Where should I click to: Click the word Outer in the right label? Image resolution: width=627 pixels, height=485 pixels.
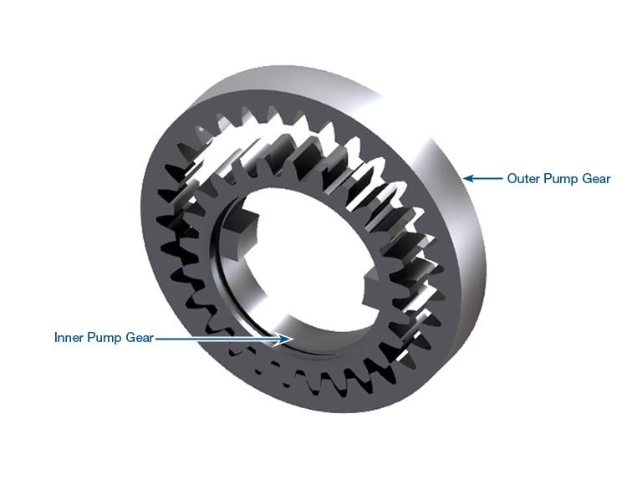523,178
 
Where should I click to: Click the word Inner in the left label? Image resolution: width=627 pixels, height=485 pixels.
70,338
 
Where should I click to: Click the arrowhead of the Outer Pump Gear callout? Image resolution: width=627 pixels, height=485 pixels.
469,178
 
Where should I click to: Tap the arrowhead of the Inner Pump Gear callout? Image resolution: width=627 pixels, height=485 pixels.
285,339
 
